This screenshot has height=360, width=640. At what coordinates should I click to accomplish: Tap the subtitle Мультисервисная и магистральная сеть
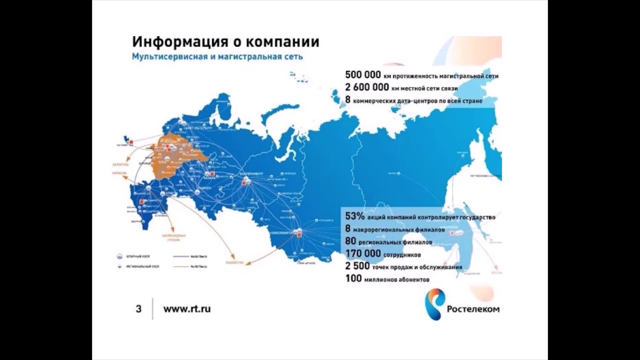pyautogui.click(x=217, y=56)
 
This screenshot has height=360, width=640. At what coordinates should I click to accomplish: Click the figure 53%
pyautogui.click(x=354, y=216)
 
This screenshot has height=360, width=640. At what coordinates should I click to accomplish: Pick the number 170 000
pyautogui.click(x=364, y=254)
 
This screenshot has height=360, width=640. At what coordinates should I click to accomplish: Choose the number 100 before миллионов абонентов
pyautogui.click(x=353, y=279)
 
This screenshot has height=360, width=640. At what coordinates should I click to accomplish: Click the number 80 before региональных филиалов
pyautogui.click(x=350, y=241)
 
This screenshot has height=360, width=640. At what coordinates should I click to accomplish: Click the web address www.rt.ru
pyautogui.click(x=187, y=309)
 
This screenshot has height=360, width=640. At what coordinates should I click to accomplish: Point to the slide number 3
pyautogui.click(x=138, y=309)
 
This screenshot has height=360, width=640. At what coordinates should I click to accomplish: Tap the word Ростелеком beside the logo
pyautogui.click(x=472, y=309)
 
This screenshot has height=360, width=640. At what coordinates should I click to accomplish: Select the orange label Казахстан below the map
pyautogui.click(x=235, y=262)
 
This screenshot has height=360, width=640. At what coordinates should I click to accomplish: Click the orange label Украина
pyautogui.click(x=119, y=173)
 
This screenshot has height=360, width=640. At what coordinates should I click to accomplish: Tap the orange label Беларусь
pyautogui.click(x=120, y=164)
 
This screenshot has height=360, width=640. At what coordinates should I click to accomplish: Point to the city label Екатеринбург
pyautogui.click(x=248, y=173)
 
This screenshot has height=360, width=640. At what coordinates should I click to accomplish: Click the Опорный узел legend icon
pyautogui.click(x=119, y=256)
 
